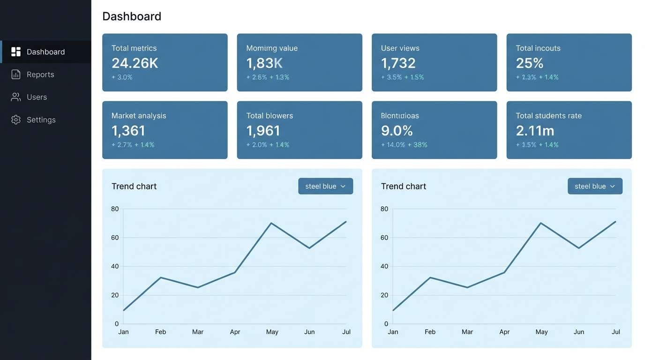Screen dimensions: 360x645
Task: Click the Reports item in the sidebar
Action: click(40, 75)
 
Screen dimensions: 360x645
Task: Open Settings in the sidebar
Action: click(41, 120)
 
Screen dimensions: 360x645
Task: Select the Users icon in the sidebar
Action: click(16, 97)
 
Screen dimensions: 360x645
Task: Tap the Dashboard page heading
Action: click(132, 16)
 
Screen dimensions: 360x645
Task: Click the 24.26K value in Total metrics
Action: click(135, 63)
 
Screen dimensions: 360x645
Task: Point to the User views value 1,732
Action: click(398, 63)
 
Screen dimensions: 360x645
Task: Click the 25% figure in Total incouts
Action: click(529, 63)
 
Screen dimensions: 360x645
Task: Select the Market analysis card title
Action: click(139, 116)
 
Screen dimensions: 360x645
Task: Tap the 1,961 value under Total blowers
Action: click(263, 131)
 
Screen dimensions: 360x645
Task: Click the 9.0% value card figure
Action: click(397, 131)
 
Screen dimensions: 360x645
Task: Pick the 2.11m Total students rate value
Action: click(535, 131)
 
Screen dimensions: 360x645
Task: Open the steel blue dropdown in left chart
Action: click(325, 186)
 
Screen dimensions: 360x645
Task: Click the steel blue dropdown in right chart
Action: click(595, 186)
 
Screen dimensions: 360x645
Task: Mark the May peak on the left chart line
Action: click(271, 223)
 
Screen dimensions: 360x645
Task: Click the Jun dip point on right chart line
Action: click(579, 248)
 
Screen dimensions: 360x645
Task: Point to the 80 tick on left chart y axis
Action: click(115, 209)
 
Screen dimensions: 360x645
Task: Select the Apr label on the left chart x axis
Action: click(235, 332)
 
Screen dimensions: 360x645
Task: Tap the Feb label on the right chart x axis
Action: click(430, 332)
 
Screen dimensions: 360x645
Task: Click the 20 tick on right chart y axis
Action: click(384, 295)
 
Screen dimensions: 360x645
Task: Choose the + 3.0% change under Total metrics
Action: click(122, 77)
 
